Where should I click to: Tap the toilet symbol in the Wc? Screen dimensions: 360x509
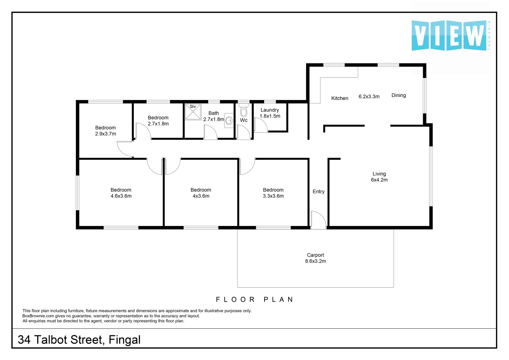pyautogui.click(x=244, y=110)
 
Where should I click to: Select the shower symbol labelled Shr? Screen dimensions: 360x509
pyautogui.click(x=193, y=112)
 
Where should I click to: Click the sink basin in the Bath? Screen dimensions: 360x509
pyautogui.click(x=229, y=121)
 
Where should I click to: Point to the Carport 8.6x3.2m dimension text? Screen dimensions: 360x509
pyautogui.click(x=315, y=261)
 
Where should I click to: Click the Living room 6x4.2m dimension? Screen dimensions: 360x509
pyautogui.click(x=379, y=180)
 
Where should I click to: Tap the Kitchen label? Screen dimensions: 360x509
pyautogui.click(x=339, y=98)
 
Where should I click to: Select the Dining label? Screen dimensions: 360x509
pyautogui.click(x=398, y=95)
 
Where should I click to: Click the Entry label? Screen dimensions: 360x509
pyautogui.click(x=318, y=192)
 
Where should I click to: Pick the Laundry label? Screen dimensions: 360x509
pyautogui.click(x=269, y=110)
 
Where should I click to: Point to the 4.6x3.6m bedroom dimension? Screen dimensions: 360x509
pyautogui.click(x=121, y=196)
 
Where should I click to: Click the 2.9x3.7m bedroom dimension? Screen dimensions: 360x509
pyautogui.click(x=106, y=134)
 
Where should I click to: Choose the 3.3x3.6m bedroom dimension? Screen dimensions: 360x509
pyautogui.click(x=273, y=196)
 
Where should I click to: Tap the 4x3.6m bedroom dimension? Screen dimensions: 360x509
pyautogui.click(x=201, y=196)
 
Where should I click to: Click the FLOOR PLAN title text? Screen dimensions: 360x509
pyautogui.click(x=254, y=300)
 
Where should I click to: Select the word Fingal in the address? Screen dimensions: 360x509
pyautogui.click(x=125, y=340)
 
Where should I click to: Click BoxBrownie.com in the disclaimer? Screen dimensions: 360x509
pyautogui.click(x=38, y=316)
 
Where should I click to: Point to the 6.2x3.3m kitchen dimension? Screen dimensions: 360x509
pyautogui.click(x=369, y=97)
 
